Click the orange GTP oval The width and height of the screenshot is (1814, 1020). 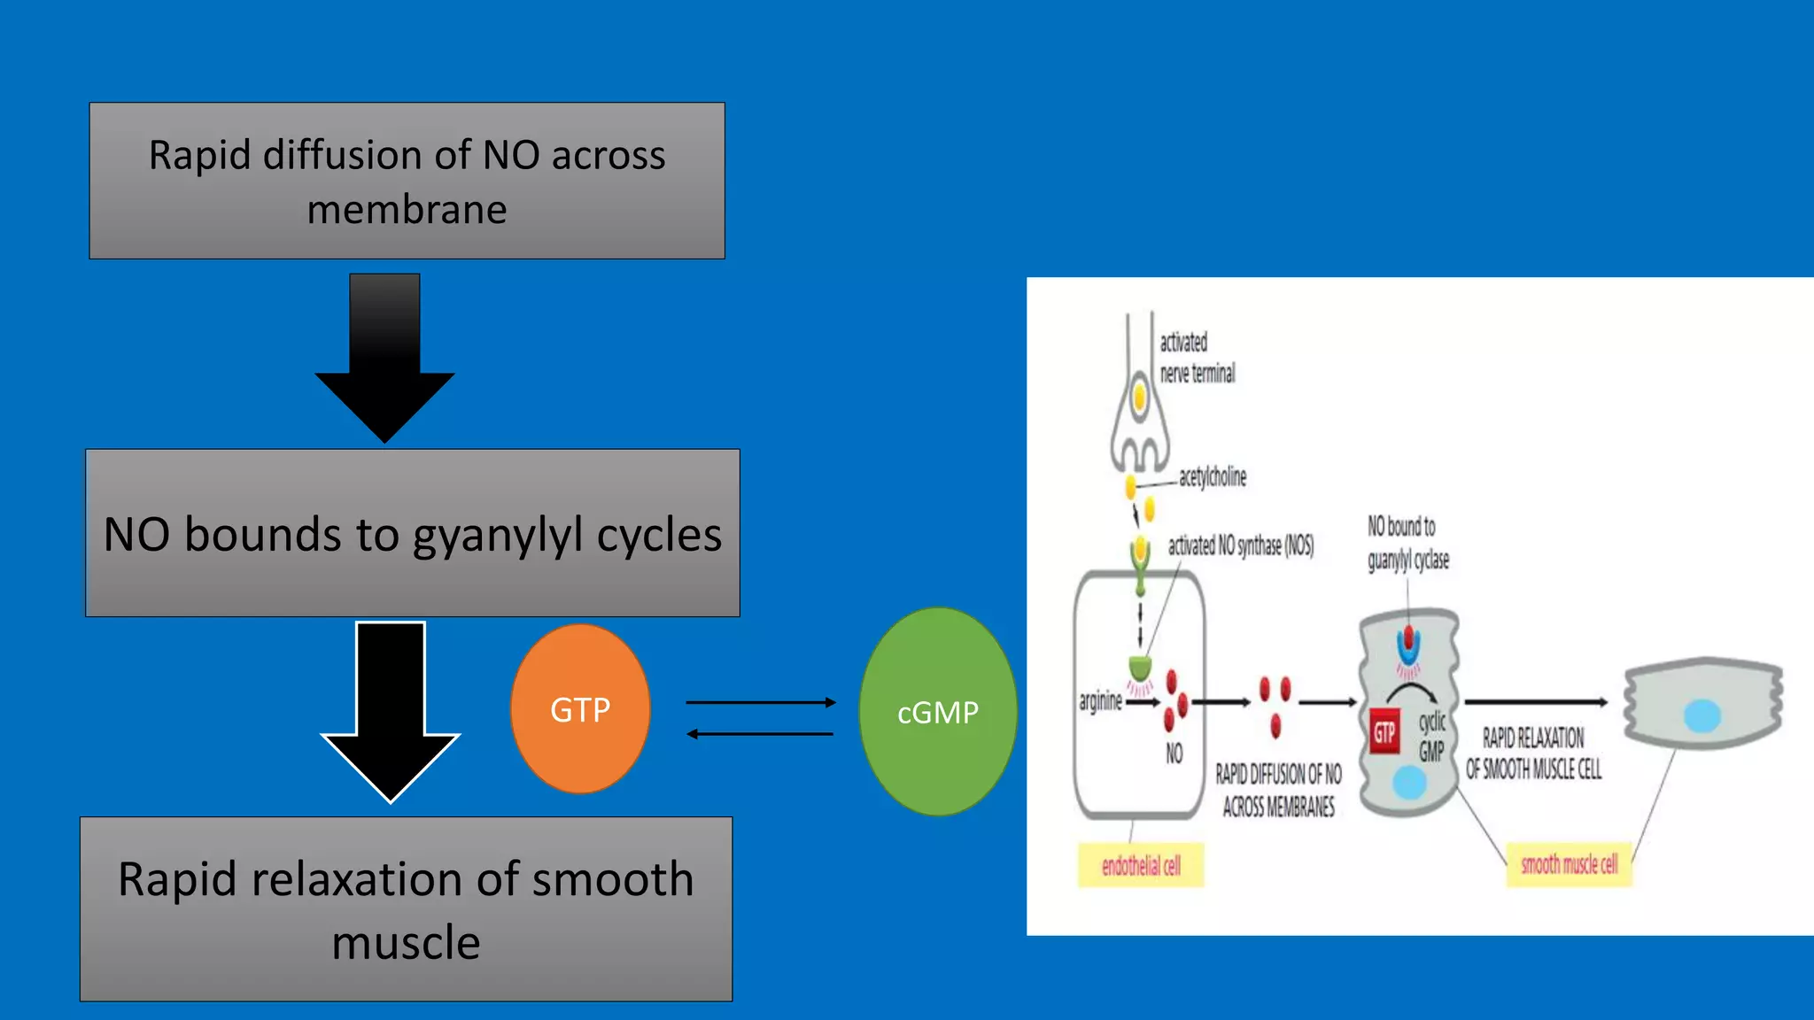580,708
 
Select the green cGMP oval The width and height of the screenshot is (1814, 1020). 937,711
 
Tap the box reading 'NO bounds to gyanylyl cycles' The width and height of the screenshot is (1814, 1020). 413,533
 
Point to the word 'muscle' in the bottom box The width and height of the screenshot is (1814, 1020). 406,942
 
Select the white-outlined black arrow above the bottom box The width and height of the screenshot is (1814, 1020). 391,708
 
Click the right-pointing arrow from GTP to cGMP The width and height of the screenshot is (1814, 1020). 760,702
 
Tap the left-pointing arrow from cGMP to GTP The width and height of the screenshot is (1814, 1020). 760,733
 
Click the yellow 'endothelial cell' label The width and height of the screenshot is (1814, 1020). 1141,865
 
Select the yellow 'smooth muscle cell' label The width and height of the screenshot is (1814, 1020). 1569,864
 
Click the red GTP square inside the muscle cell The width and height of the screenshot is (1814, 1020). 1384,732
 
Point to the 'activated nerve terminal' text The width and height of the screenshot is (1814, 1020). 1196,358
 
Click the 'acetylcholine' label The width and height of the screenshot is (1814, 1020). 1212,477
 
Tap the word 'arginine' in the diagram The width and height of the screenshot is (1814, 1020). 1100,701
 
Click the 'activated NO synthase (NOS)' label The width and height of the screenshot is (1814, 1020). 1240,545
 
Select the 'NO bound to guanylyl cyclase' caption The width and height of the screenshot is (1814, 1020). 1407,543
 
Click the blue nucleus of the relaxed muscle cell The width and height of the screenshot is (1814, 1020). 1702,715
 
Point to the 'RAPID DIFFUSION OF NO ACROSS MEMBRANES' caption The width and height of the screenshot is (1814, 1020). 1278,791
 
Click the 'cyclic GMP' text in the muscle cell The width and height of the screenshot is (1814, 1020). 1432,736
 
